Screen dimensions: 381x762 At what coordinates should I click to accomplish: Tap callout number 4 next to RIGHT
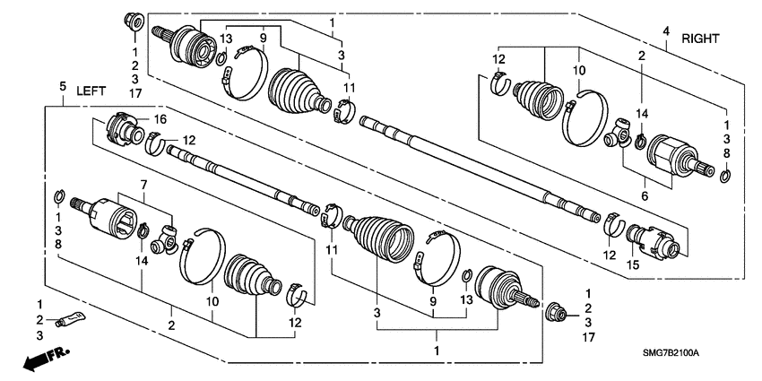tap(665, 32)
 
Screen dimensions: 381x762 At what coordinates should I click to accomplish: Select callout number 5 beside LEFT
tap(63, 85)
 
